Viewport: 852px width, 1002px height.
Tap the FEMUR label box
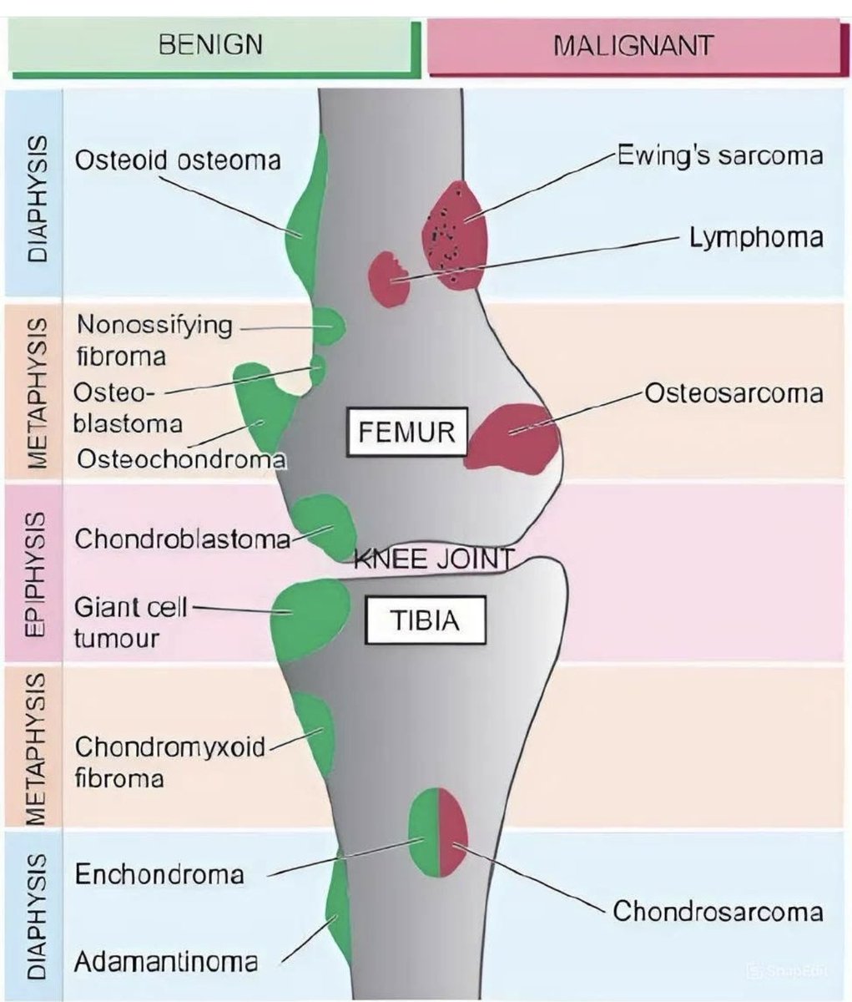406,433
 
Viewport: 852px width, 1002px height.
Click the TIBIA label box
426,620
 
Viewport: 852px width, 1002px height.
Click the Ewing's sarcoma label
719,155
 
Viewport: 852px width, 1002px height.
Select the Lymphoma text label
755,237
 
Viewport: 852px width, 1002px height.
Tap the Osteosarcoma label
734,392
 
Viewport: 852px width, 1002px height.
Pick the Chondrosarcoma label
718,910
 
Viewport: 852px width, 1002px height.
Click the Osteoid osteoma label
178,159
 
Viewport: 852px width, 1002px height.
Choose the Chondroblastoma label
183,539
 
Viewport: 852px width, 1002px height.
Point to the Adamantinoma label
166,962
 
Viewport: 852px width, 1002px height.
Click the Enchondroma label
159,874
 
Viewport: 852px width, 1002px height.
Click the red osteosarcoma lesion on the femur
512,437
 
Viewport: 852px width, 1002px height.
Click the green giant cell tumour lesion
310,618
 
